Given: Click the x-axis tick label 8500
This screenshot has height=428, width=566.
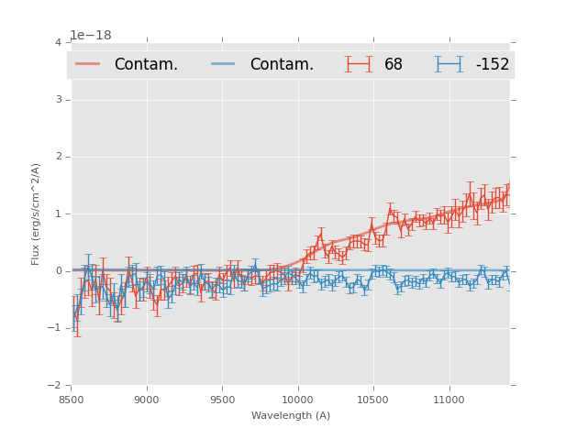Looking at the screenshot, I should click(x=72, y=400).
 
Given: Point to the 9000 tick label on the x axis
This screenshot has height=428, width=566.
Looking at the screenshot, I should click(x=147, y=400).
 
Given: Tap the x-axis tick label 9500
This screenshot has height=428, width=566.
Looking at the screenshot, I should click(x=222, y=400).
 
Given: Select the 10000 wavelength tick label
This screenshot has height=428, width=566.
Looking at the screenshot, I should click(x=297, y=400).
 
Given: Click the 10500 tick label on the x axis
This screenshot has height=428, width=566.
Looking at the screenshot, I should click(x=372, y=400).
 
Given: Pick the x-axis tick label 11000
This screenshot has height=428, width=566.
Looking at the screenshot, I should click(x=449, y=400).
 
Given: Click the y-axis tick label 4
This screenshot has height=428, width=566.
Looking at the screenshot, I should click(x=58, y=43).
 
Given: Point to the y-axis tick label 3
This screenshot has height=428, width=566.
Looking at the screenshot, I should click(x=58, y=100).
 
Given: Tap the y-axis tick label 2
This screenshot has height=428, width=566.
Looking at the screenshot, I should click(x=58, y=157).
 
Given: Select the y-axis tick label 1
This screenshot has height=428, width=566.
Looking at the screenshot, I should click(x=58, y=214).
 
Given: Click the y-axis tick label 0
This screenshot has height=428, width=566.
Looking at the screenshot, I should click(x=58, y=271).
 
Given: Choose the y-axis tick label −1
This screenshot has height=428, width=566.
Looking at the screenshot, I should click(x=55, y=328).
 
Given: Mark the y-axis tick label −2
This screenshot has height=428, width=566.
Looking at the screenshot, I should click(x=55, y=385).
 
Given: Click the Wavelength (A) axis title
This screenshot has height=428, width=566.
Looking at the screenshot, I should click(x=291, y=416).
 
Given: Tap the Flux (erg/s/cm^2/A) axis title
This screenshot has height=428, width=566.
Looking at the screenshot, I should click(x=37, y=214).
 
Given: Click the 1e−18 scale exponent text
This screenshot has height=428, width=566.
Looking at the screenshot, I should click(x=91, y=36).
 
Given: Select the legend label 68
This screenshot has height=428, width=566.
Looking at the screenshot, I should click(x=394, y=65).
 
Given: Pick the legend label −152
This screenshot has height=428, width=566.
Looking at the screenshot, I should click(x=492, y=65).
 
